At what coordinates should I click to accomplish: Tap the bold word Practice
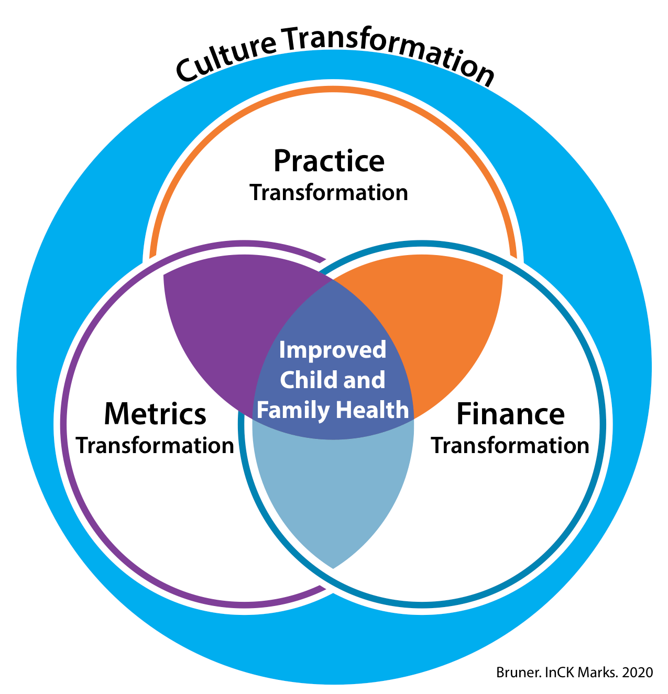coord(329,161)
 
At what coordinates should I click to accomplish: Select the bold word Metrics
coord(155,414)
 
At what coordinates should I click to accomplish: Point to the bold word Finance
coord(511,414)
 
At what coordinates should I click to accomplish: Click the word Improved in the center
coord(333,350)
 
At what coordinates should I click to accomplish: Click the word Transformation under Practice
coord(329,193)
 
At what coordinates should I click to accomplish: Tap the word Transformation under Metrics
coord(155,446)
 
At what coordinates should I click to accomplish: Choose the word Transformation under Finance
coord(510,446)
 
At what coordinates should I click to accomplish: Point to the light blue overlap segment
coord(333,498)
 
